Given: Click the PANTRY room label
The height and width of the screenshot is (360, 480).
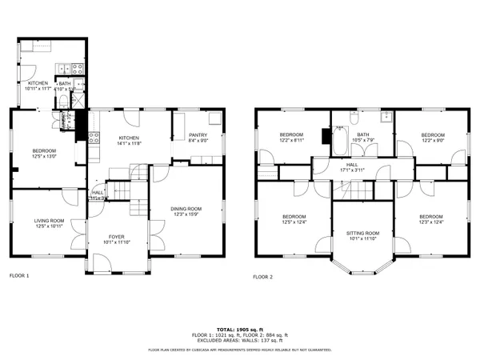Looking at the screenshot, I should [x=198, y=134].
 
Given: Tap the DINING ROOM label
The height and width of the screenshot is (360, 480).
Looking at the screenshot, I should [x=186, y=209].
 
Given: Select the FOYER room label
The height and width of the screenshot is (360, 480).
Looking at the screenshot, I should [x=118, y=237].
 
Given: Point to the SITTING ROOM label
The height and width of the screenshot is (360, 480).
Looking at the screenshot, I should [x=362, y=233].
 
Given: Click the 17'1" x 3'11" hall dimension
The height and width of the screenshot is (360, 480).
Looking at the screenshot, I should [x=352, y=169].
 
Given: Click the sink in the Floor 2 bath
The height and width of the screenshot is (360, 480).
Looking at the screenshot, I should [x=385, y=117].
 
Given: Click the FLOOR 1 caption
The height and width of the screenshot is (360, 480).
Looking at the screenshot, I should [x=18, y=276].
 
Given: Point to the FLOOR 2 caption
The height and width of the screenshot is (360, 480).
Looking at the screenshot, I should [x=262, y=276].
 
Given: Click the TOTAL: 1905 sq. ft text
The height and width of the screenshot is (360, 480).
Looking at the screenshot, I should [x=239, y=329].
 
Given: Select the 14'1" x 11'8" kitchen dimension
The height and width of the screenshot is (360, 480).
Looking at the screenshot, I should [x=128, y=143].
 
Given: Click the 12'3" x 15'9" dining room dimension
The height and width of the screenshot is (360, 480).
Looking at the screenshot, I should [x=186, y=214].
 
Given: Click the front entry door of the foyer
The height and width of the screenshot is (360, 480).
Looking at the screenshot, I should [x=118, y=270].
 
